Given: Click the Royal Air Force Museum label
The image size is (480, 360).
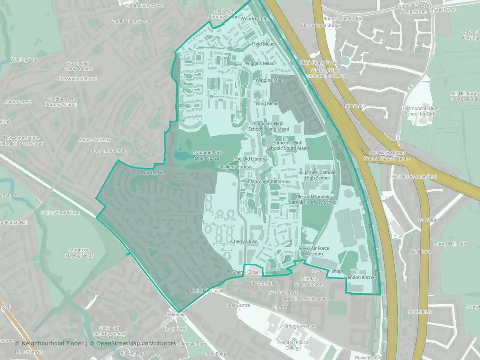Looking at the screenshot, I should (311, 251).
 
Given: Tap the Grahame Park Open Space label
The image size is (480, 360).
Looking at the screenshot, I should (207, 155).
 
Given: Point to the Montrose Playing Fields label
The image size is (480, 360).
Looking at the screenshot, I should (79, 253).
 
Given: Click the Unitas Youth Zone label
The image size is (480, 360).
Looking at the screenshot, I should (61, 213).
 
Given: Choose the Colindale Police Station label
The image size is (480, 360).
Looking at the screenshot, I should (310, 281).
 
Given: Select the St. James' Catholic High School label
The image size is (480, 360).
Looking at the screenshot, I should (314, 175).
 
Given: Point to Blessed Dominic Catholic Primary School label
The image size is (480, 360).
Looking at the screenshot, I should (317, 199).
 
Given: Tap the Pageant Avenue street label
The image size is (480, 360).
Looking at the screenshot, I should (108, 150).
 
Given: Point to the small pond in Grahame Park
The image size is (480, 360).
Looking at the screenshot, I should (180, 157).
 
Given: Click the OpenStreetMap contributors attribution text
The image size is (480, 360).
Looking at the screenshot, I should (132, 343).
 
